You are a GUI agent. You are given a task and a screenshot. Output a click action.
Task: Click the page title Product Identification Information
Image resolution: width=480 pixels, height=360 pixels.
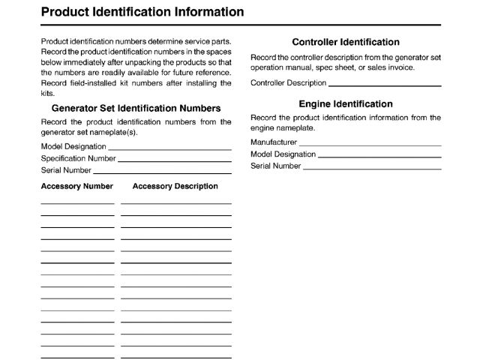[142, 12]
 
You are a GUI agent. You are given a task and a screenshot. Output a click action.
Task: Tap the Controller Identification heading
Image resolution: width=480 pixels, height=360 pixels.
[345, 42]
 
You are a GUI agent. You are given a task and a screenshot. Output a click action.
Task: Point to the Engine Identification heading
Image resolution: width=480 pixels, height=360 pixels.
[345, 104]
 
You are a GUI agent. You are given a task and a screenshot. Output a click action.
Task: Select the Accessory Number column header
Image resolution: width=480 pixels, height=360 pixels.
[76, 186]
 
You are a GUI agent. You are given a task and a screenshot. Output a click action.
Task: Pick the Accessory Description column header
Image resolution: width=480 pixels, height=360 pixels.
[175, 186]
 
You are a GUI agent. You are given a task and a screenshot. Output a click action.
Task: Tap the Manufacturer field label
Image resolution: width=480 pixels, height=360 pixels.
[274, 142]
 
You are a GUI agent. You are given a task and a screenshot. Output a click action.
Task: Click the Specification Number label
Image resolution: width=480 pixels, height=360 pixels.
[78, 158]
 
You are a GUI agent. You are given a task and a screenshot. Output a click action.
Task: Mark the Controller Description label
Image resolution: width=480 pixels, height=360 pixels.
[288, 82]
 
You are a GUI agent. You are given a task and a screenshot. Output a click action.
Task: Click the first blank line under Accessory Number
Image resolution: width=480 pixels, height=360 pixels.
[77, 203]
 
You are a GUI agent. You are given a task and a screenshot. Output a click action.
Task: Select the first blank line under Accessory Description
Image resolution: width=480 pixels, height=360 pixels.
[175, 203]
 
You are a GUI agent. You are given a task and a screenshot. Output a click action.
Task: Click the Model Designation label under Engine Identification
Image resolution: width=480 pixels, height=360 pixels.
[283, 154]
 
